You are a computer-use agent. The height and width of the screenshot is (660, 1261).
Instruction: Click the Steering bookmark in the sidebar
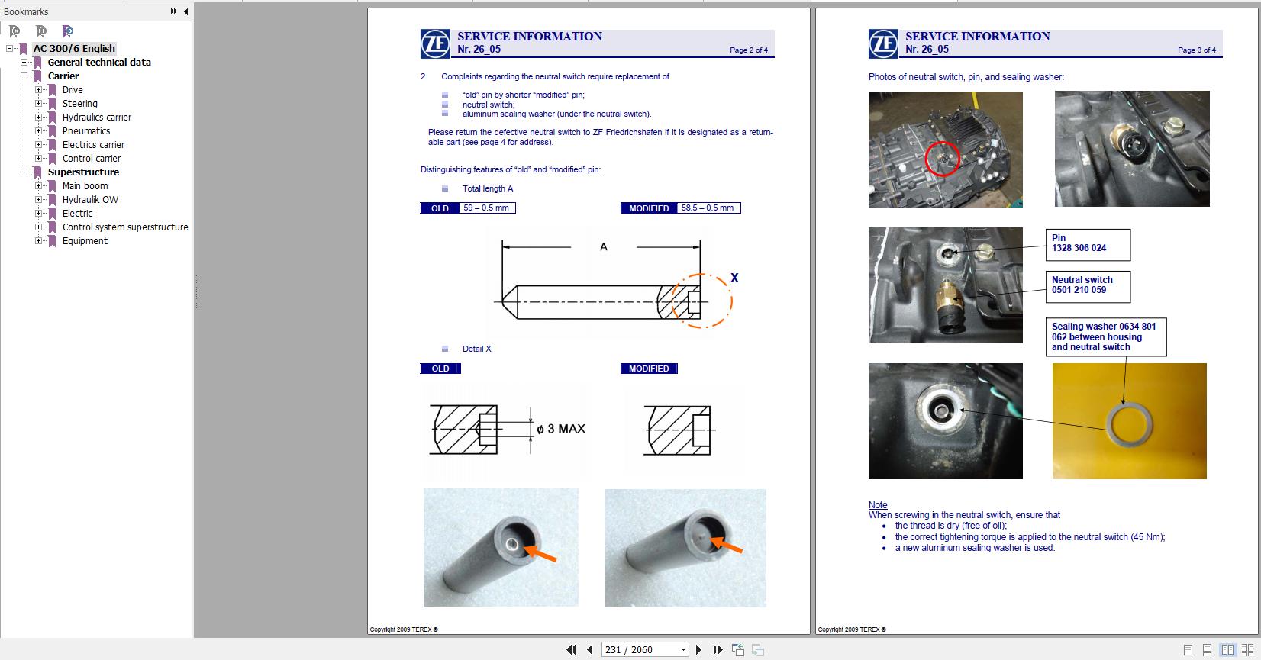point(79,104)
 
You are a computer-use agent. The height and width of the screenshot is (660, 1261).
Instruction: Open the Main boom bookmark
point(85,186)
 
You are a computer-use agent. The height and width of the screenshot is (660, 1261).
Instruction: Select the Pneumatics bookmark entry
point(85,131)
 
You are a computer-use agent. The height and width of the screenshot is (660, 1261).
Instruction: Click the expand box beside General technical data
point(24,63)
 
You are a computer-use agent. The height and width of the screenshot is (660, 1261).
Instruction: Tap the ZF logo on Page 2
point(435,43)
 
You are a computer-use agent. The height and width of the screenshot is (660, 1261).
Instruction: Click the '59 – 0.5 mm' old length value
point(485,208)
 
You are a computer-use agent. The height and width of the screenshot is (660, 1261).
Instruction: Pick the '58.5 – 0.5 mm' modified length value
point(708,208)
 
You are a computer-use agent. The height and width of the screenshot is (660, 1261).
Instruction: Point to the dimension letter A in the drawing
point(603,246)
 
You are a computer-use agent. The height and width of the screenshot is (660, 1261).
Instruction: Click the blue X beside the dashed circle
point(734,278)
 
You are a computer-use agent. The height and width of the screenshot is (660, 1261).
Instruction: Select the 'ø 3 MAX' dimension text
point(561,429)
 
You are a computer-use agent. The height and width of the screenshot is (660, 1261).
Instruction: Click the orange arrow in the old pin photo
point(541,554)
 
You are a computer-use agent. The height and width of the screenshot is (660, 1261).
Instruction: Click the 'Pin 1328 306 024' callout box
point(1087,243)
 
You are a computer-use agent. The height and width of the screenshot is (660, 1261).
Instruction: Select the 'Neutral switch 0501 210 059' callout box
point(1087,285)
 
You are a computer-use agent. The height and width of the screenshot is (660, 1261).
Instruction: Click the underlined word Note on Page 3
point(878,505)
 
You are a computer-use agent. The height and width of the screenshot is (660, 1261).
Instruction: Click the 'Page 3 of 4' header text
point(1196,50)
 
